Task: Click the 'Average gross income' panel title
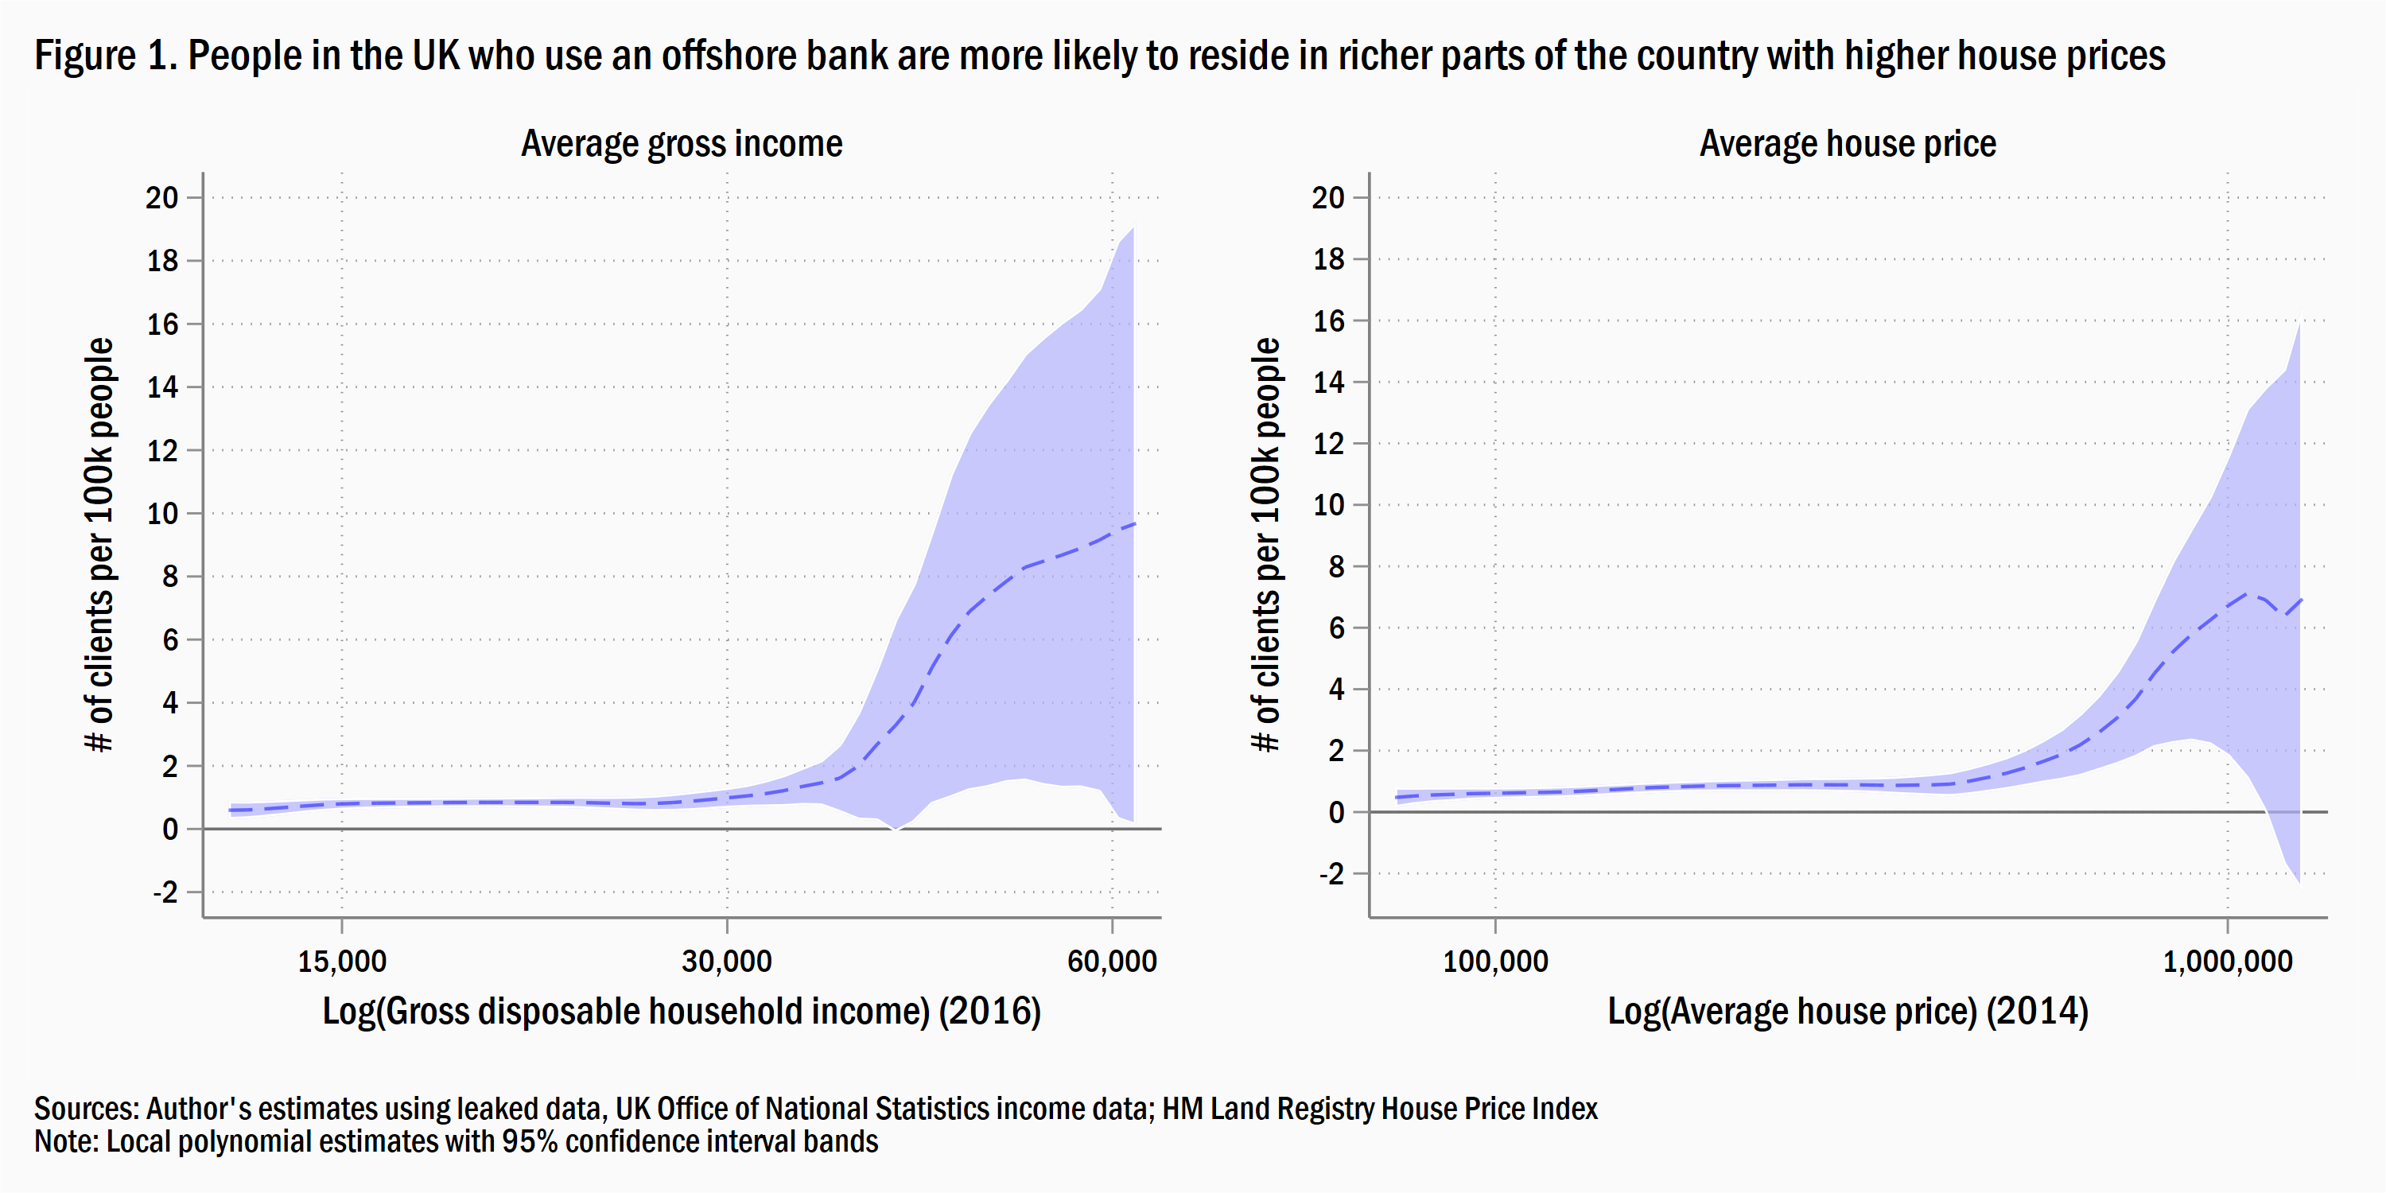click(682, 145)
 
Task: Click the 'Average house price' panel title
click(1847, 145)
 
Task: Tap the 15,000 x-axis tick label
click(342, 962)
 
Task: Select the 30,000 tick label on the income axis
click(726, 962)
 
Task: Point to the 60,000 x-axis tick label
click(1112, 962)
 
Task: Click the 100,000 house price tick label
click(1495, 962)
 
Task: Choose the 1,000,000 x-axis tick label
click(2227, 962)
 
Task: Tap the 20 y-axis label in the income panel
click(162, 197)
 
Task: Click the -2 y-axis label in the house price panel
click(1331, 873)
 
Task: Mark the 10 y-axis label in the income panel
click(162, 513)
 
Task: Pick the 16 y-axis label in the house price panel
click(1328, 321)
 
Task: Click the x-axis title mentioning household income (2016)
click(682, 1012)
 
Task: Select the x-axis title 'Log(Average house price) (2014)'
click(1847, 1012)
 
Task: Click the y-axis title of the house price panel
click(1265, 545)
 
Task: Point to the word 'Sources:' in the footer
click(86, 1109)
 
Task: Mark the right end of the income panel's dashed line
click(1133, 524)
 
